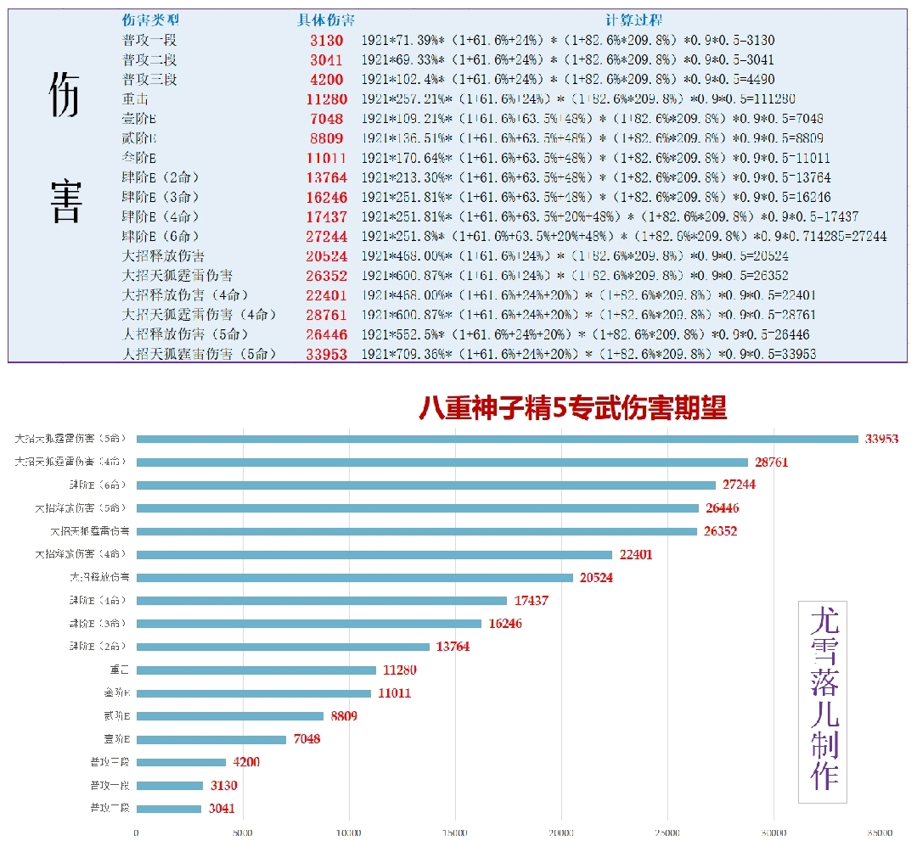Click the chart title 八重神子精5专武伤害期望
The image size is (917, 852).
coord(573,409)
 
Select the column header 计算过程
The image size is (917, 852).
coord(633,20)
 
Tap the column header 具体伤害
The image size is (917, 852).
coord(326,20)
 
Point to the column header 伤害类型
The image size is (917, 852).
coord(150,20)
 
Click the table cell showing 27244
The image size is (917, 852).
coord(326,237)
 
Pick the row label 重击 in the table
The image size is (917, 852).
coord(136,99)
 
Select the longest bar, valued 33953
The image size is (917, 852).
coord(498,439)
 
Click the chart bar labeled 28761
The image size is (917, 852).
coord(442,462)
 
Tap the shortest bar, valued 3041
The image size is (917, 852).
coord(169,809)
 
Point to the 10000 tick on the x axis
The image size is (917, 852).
coord(349,833)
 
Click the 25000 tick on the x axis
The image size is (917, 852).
coord(668,833)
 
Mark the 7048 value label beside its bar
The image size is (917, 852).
coord(307,739)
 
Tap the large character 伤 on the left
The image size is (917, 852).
coord(65,92)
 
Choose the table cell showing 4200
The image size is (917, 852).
coord(326,80)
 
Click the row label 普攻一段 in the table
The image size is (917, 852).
coord(149,41)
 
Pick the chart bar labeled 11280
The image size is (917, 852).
coord(256,670)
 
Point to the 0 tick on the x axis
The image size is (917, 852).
coord(137,833)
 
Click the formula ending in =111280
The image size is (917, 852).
coord(568,99)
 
